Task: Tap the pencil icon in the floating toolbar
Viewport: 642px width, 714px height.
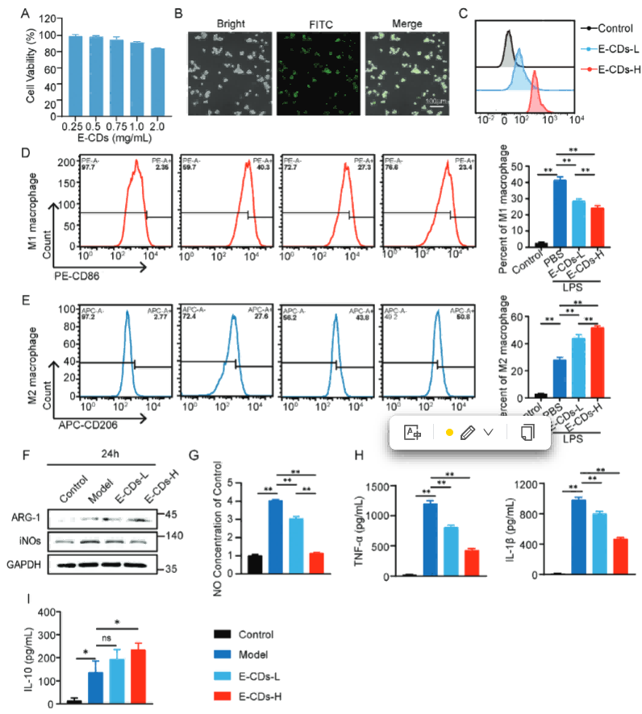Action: tap(466, 433)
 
